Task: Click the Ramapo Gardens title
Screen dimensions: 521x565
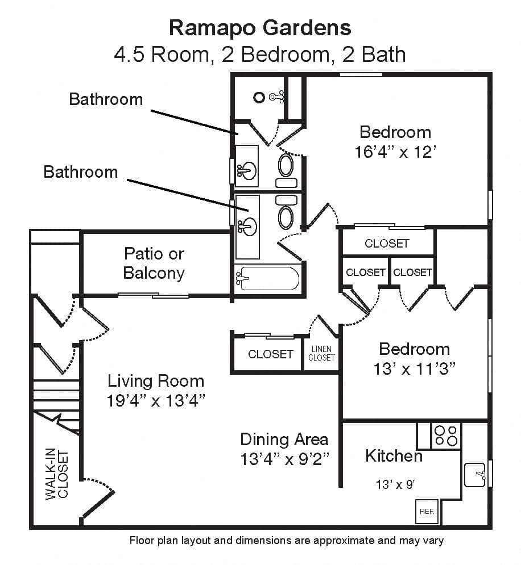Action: click(x=260, y=28)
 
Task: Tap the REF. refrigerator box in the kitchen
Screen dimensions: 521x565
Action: click(x=427, y=511)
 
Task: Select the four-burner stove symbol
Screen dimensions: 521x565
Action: click(x=446, y=436)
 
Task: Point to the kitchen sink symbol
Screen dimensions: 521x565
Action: click(x=475, y=475)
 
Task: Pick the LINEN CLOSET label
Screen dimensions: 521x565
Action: click(x=321, y=353)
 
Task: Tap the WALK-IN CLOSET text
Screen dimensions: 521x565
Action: click(x=57, y=474)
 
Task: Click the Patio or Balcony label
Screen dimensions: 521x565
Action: click(x=154, y=263)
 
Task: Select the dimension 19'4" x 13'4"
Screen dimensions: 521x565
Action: click(x=156, y=401)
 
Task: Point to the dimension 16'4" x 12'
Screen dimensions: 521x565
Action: click(x=395, y=152)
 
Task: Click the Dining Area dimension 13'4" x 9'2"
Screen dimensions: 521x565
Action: click(x=285, y=459)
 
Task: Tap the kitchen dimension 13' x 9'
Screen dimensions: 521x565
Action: click(x=395, y=484)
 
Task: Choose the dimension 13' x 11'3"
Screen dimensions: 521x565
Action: click(x=415, y=369)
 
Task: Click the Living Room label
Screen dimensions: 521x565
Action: click(x=156, y=381)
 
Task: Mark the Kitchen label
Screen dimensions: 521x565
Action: click(x=394, y=456)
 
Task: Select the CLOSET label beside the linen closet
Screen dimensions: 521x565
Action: click(x=271, y=354)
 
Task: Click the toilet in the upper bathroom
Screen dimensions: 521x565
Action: click(x=286, y=170)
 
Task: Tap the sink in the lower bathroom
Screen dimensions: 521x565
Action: click(x=247, y=227)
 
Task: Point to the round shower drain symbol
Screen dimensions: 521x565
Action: click(x=259, y=97)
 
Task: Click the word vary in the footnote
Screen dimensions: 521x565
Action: click(x=435, y=541)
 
